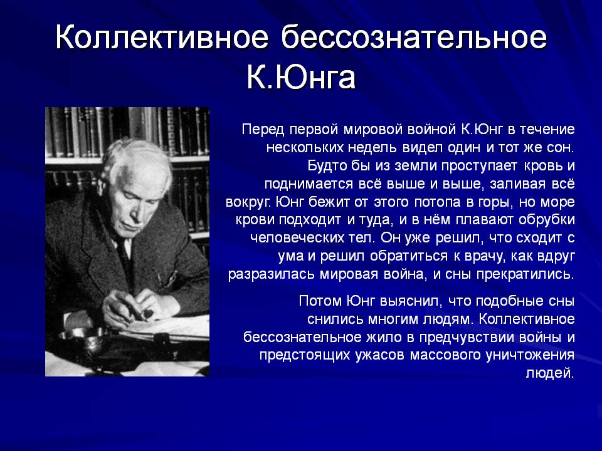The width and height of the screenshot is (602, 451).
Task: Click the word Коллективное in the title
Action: (162, 37)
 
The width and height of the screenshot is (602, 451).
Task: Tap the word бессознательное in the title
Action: (414, 37)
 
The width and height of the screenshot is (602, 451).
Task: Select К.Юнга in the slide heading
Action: (301, 78)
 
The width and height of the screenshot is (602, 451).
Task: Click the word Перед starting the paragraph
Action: (263, 129)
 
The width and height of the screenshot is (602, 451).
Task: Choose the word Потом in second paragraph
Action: (320, 301)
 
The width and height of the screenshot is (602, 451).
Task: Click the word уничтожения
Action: (530, 355)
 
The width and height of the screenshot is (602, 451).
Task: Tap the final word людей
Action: (550, 373)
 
